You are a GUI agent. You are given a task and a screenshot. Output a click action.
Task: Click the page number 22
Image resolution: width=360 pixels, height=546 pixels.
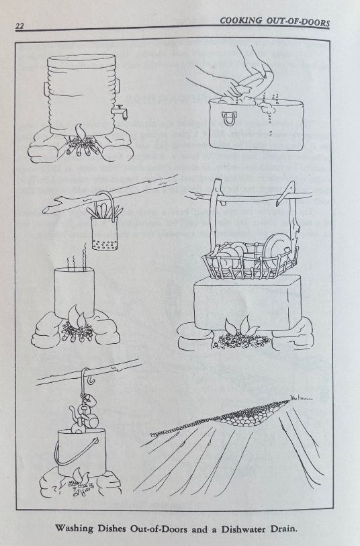[19, 26]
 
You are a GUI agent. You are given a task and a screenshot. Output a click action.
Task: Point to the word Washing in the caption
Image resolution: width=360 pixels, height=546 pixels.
[74, 529]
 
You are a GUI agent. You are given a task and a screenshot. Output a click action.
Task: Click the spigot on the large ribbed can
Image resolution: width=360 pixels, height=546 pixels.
[120, 111]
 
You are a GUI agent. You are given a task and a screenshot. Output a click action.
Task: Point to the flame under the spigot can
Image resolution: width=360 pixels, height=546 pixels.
[80, 133]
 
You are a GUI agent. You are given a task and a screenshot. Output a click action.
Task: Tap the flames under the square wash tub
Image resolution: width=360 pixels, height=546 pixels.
[240, 326]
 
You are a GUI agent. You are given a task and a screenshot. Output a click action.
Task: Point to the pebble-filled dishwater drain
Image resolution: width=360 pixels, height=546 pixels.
[230, 416]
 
